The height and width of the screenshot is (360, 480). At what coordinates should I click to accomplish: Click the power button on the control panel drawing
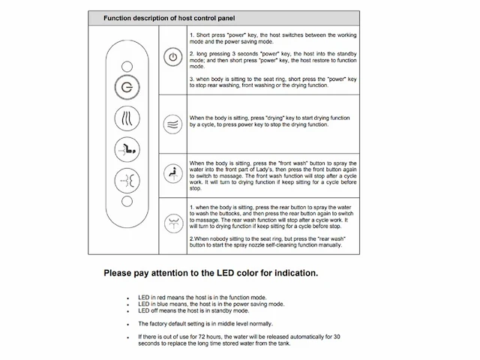[125, 86]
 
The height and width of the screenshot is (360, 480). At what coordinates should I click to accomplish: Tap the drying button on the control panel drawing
[125, 118]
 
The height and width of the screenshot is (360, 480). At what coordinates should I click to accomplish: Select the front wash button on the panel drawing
[125, 149]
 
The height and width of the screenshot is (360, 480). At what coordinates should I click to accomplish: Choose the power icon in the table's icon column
[173, 57]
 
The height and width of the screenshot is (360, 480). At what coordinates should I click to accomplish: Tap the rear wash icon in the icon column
[173, 222]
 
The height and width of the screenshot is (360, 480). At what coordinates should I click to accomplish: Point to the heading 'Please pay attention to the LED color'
[211, 273]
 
